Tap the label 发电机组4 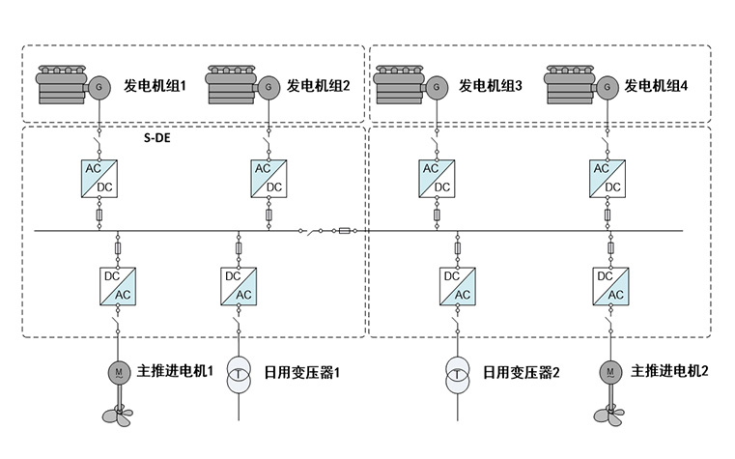tap(657, 86)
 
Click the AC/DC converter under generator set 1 tap(99, 178)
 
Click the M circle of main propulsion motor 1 tap(117, 371)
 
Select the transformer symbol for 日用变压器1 tap(239, 376)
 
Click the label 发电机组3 tap(491, 86)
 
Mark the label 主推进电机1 tap(175, 371)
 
